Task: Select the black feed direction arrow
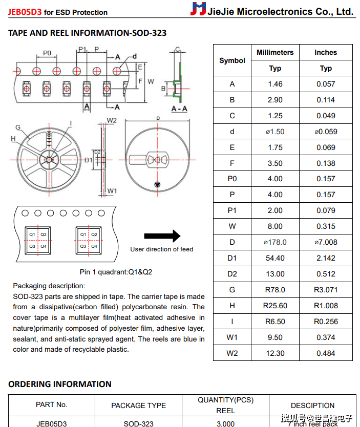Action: [162, 236]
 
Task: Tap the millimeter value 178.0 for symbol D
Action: [275, 242]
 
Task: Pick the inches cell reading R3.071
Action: [326, 290]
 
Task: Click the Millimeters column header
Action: [275, 52]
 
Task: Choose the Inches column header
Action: [326, 52]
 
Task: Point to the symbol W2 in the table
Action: [232, 353]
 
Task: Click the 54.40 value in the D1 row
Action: [275, 258]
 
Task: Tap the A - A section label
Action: [179, 109]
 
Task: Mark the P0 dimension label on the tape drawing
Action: [47, 53]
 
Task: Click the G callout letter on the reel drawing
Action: [18, 127]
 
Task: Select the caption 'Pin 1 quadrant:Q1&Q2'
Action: [116, 272]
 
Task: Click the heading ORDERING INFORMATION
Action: [60, 384]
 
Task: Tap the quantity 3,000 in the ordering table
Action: [225, 423]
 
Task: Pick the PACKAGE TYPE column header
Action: [138, 405]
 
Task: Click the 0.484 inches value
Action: [326, 353]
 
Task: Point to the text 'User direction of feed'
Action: [162, 249]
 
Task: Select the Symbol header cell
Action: [232, 60]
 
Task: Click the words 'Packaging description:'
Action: [49, 286]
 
